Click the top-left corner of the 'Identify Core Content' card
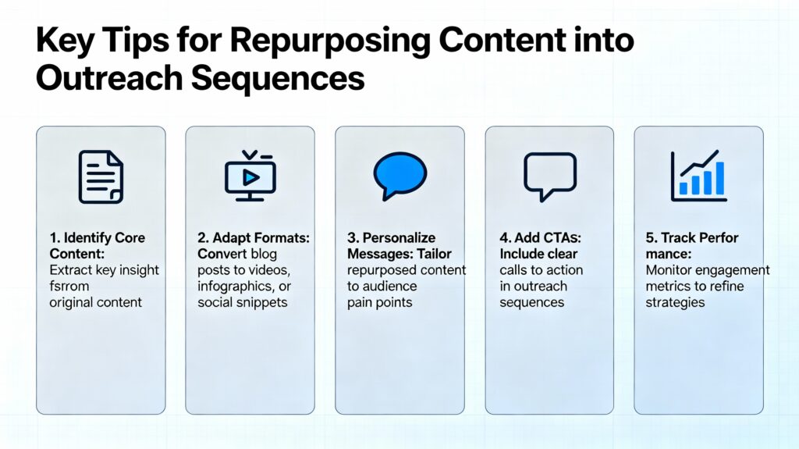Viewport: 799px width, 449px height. point(37,127)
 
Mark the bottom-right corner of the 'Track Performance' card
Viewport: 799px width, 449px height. point(763,414)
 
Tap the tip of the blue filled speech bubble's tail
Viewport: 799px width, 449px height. point(385,199)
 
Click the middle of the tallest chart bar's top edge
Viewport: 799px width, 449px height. point(719,162)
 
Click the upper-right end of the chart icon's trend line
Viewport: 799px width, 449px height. point(717,151)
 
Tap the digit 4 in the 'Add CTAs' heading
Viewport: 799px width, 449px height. point(504,237)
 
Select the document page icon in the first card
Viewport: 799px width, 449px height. point(101,177)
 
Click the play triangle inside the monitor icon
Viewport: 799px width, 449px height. point(250,177)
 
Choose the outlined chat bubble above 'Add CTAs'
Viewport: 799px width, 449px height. point(550,176)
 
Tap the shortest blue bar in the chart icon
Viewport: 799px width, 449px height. point(684,188)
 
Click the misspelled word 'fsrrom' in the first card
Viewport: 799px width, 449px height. point(69,287)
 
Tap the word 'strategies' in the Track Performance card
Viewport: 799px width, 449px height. point(675,303)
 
